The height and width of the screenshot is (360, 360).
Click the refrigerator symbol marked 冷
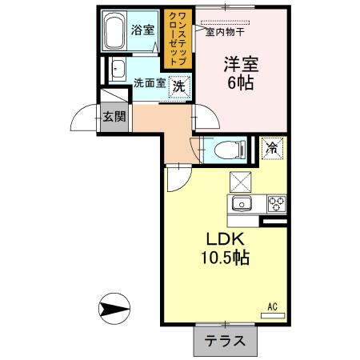[x=272, y=148]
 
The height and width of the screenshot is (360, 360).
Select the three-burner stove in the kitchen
[x=277, y=203]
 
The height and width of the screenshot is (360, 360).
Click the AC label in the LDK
[x=272, y=306]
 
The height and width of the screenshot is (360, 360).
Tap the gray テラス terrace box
[x=225, y=340]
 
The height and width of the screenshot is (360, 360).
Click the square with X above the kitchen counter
[x=242, y=180]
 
